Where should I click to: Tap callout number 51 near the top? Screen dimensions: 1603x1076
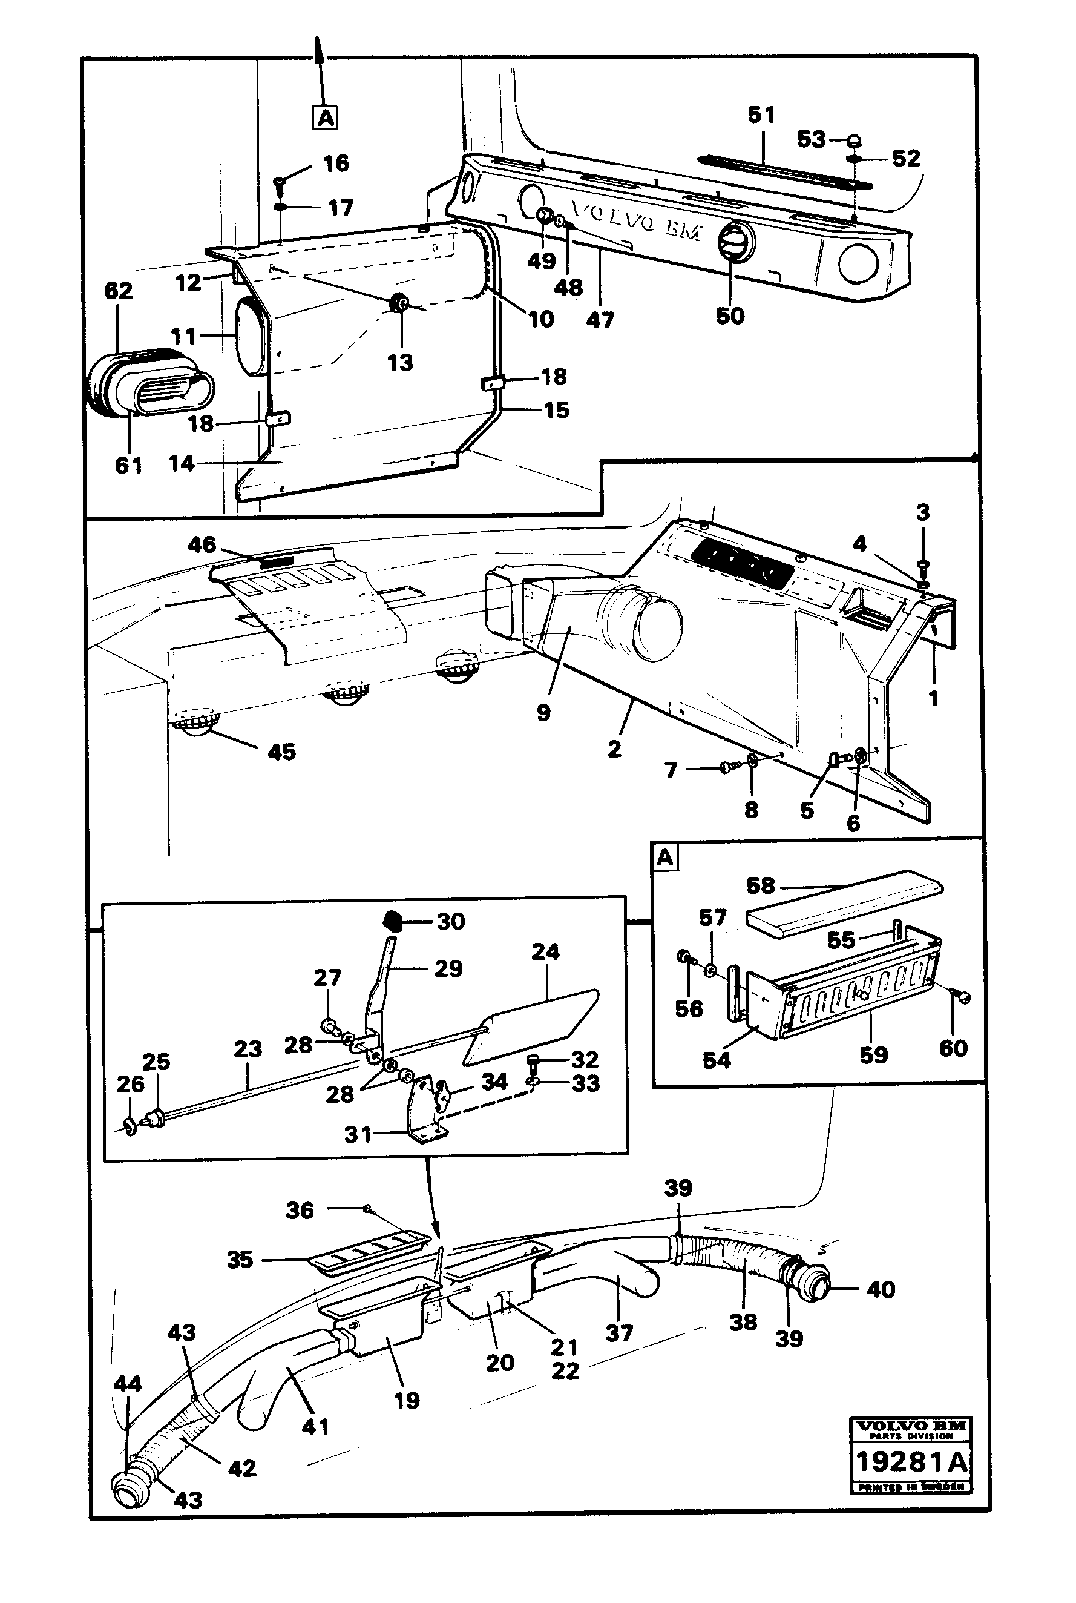(761, 115)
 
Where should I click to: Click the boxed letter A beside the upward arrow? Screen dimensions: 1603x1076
(325, 117)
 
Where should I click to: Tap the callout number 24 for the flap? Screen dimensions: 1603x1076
(545, 951)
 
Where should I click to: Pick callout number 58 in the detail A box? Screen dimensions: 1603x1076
(760, 885)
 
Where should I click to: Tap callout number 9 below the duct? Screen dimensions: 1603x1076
(543, 713)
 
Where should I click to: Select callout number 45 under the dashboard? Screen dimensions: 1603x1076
(281, 752)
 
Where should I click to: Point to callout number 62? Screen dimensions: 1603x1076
(118, 291)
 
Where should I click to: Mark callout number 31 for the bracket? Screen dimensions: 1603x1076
(358, 1134)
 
